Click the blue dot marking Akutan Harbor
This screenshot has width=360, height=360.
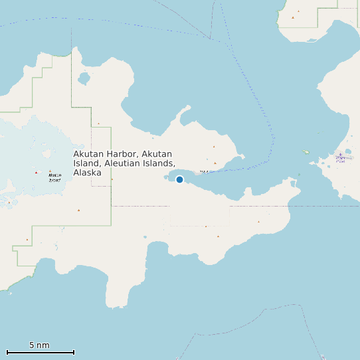click(x=179, y=179)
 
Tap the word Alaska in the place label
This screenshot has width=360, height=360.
click(x=87, y=173)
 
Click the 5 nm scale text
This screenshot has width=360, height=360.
click(x=39, y=345)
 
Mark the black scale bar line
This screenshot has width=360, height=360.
click(x=40, y=352)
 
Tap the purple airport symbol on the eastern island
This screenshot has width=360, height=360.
click(x=341, y=157)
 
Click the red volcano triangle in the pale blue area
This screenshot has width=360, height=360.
click(x=36, y=173)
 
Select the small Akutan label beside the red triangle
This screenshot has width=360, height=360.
click(x=54, y=177)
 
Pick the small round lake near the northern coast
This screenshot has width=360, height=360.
click(x=84, y=78)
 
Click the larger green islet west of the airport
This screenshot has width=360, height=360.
click(x=306, y=152)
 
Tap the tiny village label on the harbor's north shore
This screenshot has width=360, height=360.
click(x=204, y=172)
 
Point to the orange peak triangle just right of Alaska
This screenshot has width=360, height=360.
click(x=112, y=179)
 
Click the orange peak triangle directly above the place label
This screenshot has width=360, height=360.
click(x=98, y=124)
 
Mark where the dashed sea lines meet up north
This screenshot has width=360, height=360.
click(x=211, y=39)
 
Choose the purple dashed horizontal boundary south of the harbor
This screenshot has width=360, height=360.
click(x=199, y=206)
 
